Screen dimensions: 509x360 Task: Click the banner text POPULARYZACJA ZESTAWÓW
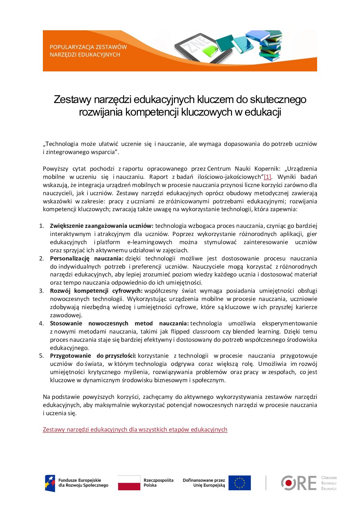click(88, 47)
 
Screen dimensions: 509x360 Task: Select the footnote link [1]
click(267, 177)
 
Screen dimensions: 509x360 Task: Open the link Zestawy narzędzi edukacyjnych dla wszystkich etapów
click(135, 429)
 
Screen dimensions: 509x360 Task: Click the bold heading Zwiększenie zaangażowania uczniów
click(101, 226)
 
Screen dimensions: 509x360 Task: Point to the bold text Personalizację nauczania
click(86, 258)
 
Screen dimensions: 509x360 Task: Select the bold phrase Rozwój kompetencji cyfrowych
click(96, 291)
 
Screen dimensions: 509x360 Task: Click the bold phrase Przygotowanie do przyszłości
click(93, 356)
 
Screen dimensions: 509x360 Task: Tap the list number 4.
click(41, 323)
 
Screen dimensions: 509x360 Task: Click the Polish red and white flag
click(129, 483)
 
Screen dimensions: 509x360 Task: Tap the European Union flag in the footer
click(240, 483)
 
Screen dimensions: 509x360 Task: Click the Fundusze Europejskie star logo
click(50, 483)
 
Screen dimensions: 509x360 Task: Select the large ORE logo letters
click(298, 483)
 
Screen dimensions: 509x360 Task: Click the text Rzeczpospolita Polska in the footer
click(158, 483)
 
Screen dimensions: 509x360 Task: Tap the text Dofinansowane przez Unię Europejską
click(204, 483)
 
